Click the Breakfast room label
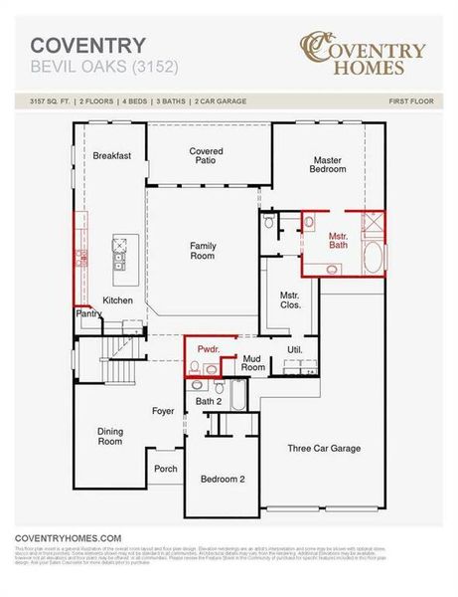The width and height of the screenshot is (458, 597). click(112, 156)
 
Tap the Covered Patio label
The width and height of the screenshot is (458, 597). click(207, 157)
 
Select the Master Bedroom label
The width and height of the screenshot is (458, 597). click(329, 164)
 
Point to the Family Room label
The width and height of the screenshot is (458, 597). click(203, 250)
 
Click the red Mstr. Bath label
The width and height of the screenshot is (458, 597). click(339, 240)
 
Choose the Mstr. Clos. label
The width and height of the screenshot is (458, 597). click(289, 301)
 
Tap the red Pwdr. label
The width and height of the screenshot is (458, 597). click(208, 349)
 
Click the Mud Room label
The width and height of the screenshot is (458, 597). click(253, 362)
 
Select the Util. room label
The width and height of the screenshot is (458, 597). click(294, 350)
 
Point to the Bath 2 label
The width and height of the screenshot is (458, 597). click(209, 401)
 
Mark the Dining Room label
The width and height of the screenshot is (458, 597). click(109, 436)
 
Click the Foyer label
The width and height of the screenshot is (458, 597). click(163, 411)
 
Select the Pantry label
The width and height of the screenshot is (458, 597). click(88, 314)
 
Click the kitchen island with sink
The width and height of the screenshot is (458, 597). click(120, 253)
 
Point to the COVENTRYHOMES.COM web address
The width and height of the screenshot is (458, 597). click(68, 537)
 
